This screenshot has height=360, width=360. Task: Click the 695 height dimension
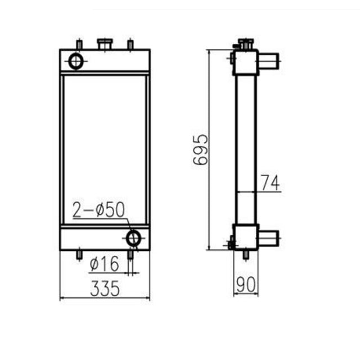coord(200,150)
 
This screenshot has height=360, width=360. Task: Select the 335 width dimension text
coord(105,289)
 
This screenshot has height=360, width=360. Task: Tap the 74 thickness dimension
coord(270,183)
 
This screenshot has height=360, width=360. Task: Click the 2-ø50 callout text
coord(99,210)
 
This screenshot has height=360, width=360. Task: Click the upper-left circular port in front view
coord(76,61)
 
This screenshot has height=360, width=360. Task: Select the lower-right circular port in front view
coord(133,238)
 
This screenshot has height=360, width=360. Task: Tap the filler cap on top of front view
coord(105,43)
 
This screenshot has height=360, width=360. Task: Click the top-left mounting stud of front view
coord(79,44)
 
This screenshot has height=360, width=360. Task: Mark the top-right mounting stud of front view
coord(130,44)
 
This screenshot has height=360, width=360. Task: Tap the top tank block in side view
coord(246,62)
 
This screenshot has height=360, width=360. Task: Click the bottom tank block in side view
coord(246,237)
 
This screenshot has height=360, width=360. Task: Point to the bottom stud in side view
coord(246,255)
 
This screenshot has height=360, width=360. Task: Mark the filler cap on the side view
coord(244,43)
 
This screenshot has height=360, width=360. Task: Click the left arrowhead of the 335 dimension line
coord(62,298)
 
